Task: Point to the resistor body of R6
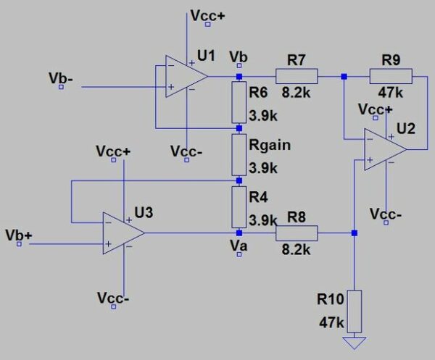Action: [239, 103]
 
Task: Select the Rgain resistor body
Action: [239, 154]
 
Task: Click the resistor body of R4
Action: [239, 206]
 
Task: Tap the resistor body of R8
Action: [296, 233]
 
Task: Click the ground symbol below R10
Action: [355, 342]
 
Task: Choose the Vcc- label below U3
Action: [114, 298]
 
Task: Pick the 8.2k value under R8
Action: [296, 249]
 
